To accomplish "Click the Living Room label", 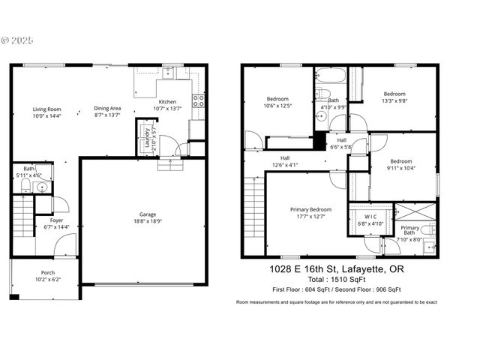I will coord(46,109).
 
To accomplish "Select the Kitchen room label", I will coord(167,102).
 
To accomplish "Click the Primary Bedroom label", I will coord(310,209).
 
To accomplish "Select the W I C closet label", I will coord(368,218).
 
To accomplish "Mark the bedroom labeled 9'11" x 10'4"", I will coord(400,161).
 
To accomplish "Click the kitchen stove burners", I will coord(199,101).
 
